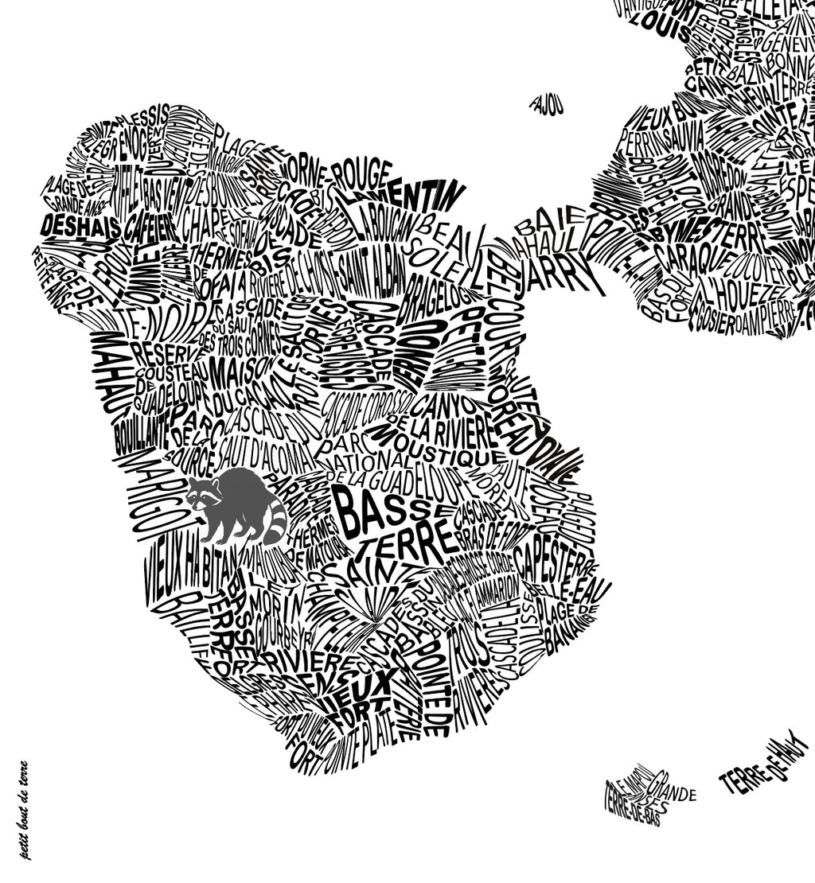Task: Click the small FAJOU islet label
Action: point(548,104)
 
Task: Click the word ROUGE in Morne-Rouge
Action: point(362,174)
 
